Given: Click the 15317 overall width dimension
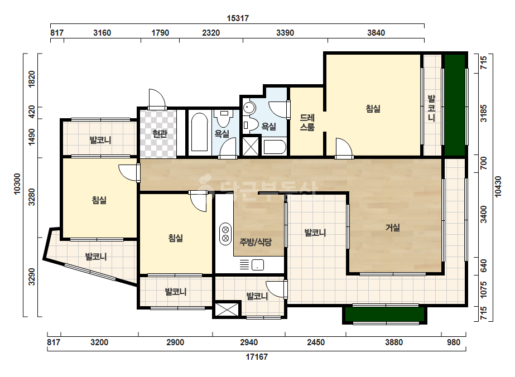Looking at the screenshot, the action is (x=238, y=18).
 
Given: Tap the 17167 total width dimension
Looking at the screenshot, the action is (x=257, y=356).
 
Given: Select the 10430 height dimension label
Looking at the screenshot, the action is (x=498, y=186).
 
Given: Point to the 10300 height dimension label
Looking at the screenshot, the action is (x=17, y=184).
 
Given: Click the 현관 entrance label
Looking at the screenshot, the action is (x=160, y=134).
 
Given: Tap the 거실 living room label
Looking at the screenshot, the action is (x=392, y=227).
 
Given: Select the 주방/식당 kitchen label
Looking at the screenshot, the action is (x=256, y=243).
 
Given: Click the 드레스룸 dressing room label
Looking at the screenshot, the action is (x=307, y=122).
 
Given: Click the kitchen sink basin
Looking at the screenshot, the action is (x=258, y=265).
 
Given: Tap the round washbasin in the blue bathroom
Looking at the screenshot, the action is (x=249, y=108).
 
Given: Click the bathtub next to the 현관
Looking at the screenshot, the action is (x=199, y=132).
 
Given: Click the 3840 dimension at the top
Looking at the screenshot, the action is (x=376, y=33).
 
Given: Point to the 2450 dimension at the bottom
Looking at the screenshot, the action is (x=316, y=342).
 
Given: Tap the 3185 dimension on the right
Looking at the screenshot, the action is (x=484, y=113).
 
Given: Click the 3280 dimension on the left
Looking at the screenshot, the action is (x=32, y=197).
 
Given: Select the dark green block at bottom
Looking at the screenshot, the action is (x=385, y=315).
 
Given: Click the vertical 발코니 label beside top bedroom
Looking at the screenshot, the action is (x=431, y=108).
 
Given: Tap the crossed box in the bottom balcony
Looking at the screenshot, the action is (x=227, y=310).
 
